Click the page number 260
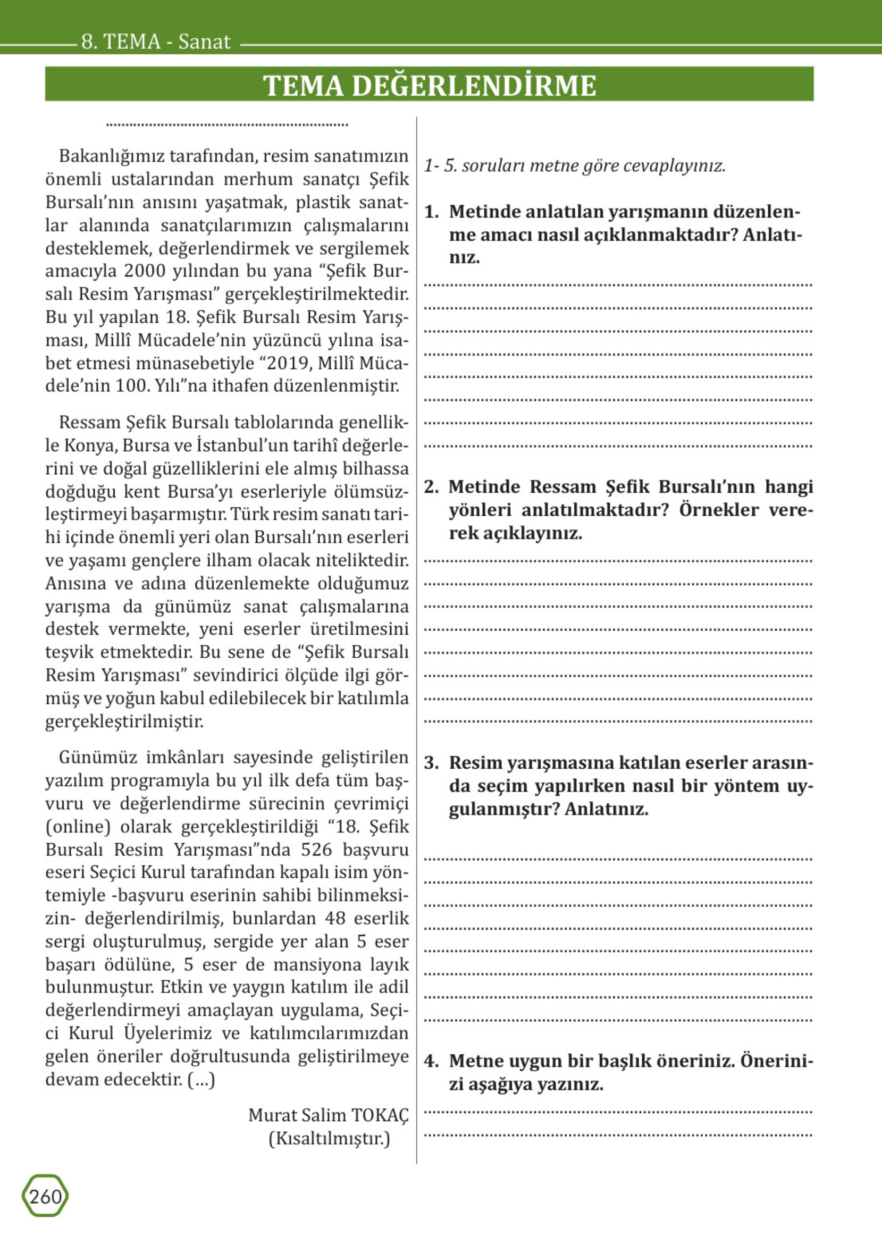click(45, 1197)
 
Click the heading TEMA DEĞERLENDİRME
click(429, 85)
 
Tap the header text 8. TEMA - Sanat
click(156, 42)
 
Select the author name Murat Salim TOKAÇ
click(328, 1115)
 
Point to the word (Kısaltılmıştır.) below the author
click(329, 1138)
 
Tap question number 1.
click(431, 212)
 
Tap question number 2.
click(431, 487)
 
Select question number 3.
click(431, 763)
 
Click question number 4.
click(431, 1061)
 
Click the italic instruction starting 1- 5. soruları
click(575, 166)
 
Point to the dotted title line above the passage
click(227, 124)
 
